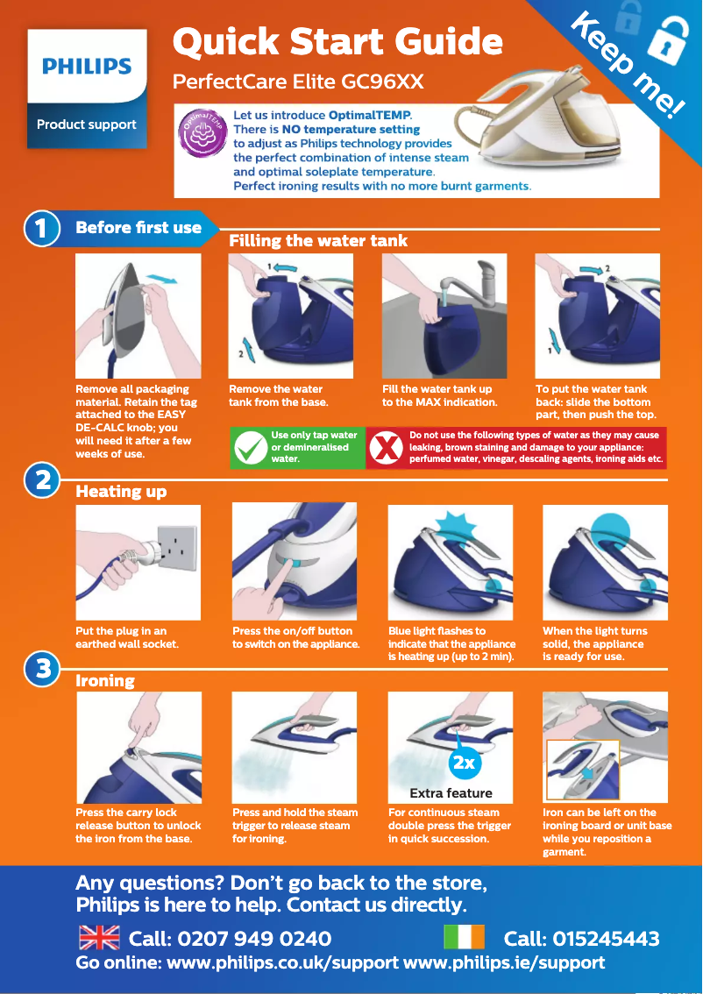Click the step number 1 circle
41,228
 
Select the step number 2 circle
41,481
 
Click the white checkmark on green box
249,448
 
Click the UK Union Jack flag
99,938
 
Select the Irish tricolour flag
464,938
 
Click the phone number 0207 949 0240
254,939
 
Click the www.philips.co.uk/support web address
282,962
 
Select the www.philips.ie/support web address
503,962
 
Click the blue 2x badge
464,763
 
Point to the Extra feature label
451,793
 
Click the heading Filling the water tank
318,240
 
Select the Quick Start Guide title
337,42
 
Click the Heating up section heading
121,492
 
